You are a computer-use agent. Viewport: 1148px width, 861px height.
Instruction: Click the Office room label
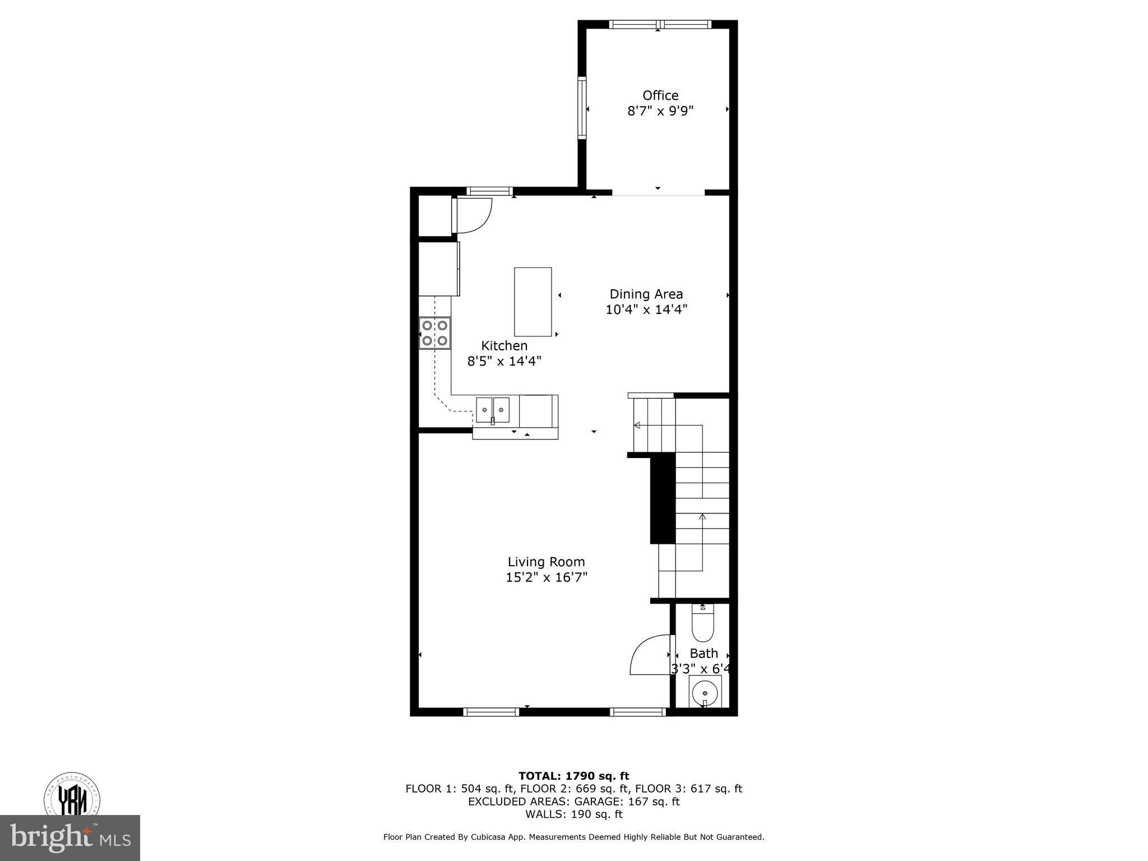click(660, 95)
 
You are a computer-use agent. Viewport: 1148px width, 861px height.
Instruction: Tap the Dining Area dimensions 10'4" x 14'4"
click(646, 309)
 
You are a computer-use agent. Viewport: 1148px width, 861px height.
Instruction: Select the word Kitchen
click(504, 346)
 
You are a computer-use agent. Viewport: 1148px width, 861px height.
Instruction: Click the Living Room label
click(546, 562)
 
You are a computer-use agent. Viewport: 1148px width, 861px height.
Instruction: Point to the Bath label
click(703, 653)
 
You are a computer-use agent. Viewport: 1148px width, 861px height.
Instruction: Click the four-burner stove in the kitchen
click(435, 333)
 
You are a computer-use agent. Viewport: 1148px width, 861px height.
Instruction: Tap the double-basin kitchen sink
click(493, 410)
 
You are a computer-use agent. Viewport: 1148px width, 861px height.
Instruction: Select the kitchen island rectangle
click(533, 302)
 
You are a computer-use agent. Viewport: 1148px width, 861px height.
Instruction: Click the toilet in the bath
click(702, 625)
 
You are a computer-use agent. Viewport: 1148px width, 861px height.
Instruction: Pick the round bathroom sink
click(705, 693)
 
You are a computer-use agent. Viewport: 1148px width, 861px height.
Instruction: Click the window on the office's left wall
click(582, 108)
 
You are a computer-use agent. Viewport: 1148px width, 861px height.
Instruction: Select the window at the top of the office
click(660, 24)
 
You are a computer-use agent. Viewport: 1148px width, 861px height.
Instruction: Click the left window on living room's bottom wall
click(492, 712)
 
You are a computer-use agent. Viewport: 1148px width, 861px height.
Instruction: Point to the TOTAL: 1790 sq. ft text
click(573, 776)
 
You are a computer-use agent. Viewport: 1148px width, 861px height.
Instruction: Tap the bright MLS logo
click(70, 837)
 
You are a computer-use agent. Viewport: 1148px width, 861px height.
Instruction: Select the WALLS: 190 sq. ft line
click(573, 814)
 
